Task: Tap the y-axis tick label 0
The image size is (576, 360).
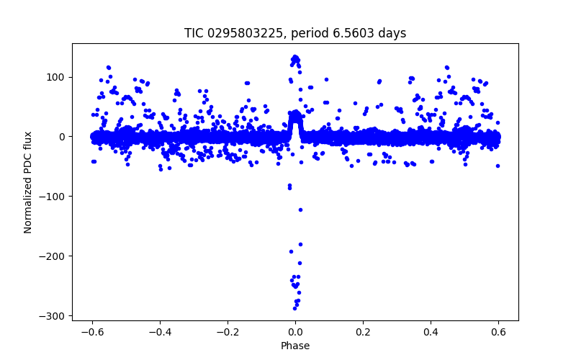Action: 63,137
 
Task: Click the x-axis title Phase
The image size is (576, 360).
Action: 295,346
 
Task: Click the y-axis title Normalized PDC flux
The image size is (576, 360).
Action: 29,181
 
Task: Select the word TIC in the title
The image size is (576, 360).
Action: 194,33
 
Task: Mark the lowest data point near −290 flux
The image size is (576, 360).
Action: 294,308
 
